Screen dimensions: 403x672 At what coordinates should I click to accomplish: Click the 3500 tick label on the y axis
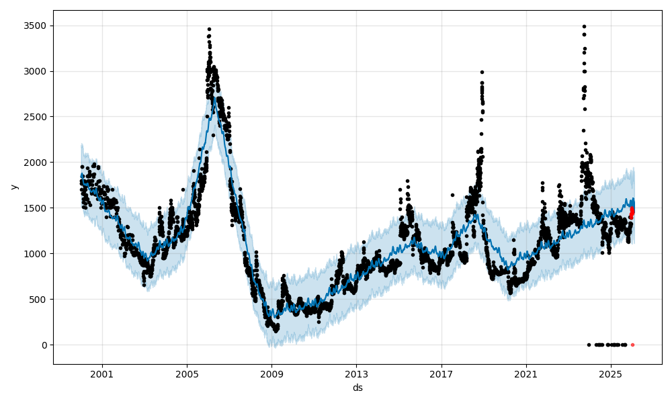click(36, 26)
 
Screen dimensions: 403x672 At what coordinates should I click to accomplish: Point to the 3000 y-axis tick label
click(36, 71)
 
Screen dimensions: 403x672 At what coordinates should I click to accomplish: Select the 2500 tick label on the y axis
click(36, 117)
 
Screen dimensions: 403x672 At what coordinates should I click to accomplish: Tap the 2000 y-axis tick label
click(36, 163)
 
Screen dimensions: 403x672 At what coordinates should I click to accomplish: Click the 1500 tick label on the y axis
click(36, 208)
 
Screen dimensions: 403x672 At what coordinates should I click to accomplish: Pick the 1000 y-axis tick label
click(36, 254)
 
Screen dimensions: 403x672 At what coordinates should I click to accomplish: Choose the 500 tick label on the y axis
click(39, 300)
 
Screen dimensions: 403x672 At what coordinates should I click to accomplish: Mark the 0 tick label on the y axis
click(44, 345)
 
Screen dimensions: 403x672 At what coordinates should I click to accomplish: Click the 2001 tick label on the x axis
click(102, 374)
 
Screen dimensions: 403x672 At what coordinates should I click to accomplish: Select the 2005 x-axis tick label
click(187, 374)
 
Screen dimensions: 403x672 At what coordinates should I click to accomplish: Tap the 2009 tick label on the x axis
click(271, 374)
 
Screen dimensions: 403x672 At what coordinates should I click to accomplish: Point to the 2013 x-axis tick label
click(356, 374)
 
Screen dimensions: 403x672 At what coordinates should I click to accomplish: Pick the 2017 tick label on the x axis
click(442, 374)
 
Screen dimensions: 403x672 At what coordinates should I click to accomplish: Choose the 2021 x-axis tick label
click(526, 374)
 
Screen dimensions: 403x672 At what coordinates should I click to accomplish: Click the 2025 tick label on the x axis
click(611, 374)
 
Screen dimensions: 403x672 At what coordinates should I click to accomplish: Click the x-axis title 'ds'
click(358, 388)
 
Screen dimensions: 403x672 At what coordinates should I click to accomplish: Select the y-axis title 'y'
click(13, 186)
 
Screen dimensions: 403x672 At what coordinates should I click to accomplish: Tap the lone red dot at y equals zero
click(632, 345)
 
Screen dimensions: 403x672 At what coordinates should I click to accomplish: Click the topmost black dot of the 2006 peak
click(209, 29)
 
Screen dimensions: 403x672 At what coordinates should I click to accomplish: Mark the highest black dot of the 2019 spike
click(482, 72)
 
